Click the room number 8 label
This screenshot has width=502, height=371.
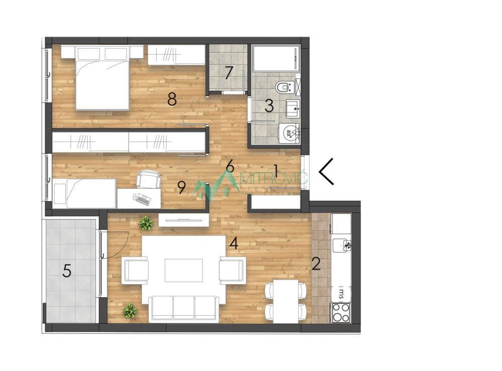click(x=172, y=99)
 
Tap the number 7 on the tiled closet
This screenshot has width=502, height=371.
click(x=229, y=73)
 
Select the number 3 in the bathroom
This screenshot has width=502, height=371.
click(x=269, y=105)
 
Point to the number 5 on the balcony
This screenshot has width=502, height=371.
click(x=67, y=272)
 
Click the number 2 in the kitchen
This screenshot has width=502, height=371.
click(x=316, y=264)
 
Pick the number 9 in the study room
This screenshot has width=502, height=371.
click(x=182, y=187)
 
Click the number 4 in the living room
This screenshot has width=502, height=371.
click(x=233, y=243)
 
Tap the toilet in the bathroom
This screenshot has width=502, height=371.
click(x=284, y=87)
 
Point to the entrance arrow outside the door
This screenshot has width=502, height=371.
click(x=327, y=171)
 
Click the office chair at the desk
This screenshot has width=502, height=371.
click(x=148, y=179)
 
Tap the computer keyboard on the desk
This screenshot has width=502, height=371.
click(x=143, y=200)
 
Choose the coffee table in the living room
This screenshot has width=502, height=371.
click(x=184, y=270)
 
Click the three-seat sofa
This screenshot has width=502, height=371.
click(x=183, y=307)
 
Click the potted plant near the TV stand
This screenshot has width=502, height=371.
click(x=146, y=222)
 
